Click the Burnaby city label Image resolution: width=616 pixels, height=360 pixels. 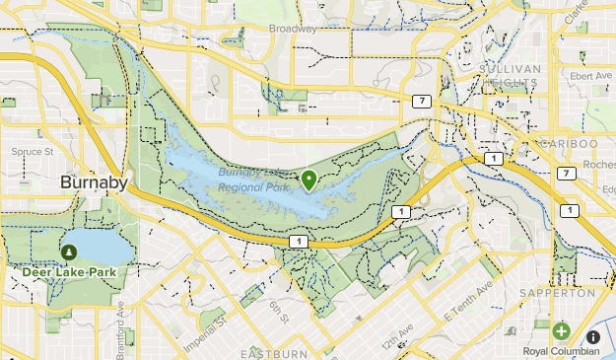(93, 182)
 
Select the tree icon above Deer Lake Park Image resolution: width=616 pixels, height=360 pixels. (68, 252)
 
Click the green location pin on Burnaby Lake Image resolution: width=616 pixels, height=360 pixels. (309, 179)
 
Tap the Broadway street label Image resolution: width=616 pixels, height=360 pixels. (295, 29)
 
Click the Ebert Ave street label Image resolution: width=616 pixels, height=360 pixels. (591, 75)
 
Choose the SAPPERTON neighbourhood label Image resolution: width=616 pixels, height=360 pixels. (560, 293)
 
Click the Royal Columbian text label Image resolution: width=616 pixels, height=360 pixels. (560, 351)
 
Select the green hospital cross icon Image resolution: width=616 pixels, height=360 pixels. (561, 331)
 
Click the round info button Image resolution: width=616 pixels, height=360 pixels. (592, 337)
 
